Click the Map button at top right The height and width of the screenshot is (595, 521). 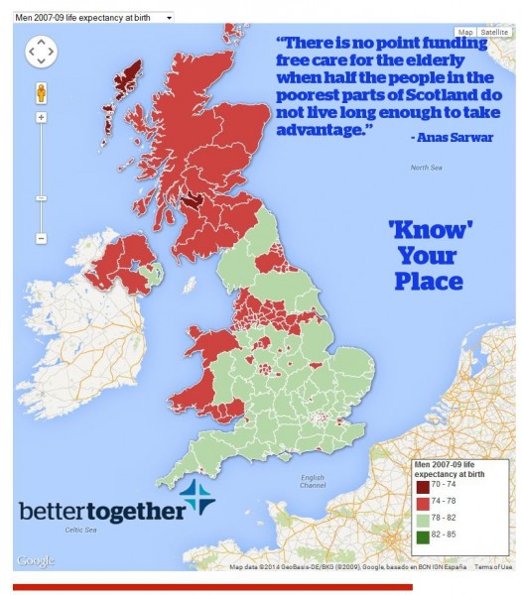(x=464, y=32)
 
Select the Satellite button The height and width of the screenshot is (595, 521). (x=493, y=32)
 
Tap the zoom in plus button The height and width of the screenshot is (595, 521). (x=42, y=117)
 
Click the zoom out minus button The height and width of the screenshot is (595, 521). (x=42, y=238)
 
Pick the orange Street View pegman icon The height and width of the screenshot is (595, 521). (x=42, y=92)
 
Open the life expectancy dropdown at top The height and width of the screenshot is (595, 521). (x=93, y=17)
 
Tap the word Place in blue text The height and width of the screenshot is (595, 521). (x=429, y=282)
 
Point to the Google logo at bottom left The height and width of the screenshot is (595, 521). (x=36, y=561)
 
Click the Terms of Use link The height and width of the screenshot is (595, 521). (x=492, y=567)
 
